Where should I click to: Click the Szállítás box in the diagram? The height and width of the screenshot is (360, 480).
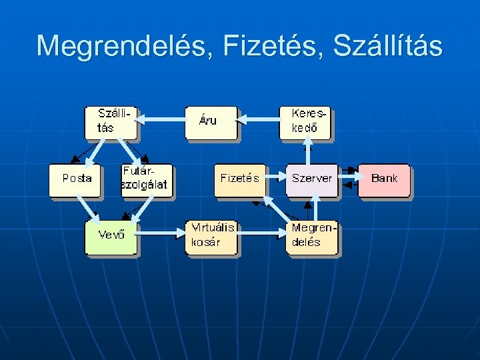click(x=111, y=122)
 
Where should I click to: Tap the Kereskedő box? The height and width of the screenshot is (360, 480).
click(x=305, y=122)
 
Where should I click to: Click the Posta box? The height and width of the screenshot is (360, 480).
click(x=75, y=180)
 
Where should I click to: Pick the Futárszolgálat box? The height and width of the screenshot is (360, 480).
click(x=146, y=180)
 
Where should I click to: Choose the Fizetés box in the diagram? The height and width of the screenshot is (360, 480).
click(x=239, y=179)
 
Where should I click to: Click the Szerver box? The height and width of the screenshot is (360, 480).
click(x=311, y=179)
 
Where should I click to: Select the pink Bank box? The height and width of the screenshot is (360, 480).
click(x=384, y=179)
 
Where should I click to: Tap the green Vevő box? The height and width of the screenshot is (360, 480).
click(x=111, y=237)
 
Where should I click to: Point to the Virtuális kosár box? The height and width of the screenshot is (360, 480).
click(x=211, y=237)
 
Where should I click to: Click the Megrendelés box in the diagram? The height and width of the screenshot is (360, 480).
click(x=311, y=237)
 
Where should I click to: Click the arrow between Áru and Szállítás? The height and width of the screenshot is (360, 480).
click(x=161, y=119)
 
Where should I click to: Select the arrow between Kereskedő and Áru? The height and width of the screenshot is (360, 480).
click(x=258, y=119)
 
